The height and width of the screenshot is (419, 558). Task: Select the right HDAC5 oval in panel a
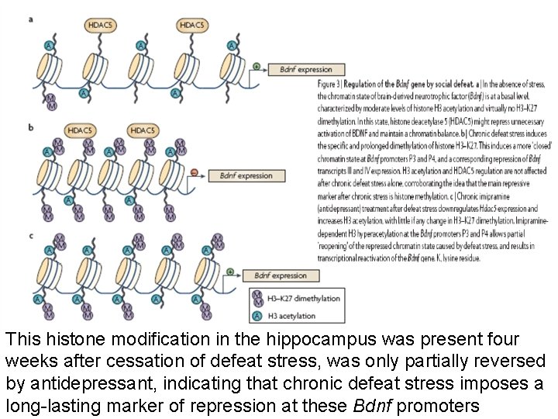click(x=192, y=26)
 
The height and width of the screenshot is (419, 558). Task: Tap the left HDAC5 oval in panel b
click(x=78, y=130)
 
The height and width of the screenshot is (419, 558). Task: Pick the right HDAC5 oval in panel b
click(x=144, y=130)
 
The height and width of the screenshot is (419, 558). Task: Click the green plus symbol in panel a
click(x=257, y=66)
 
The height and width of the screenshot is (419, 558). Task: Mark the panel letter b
click(x=30, y=126)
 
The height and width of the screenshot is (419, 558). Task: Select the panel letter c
click(x=30, y=235)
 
